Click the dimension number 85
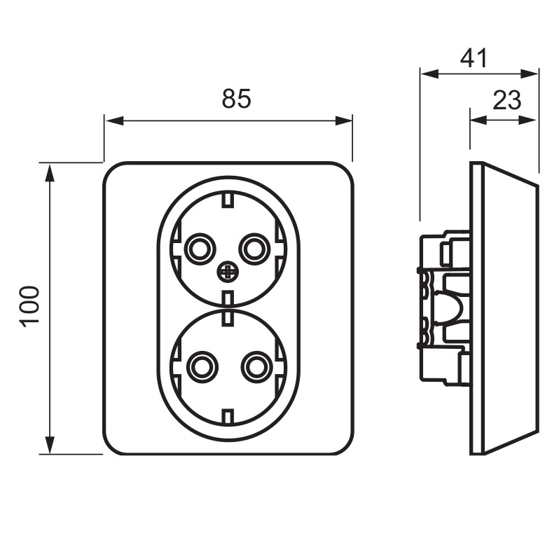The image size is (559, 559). (x=236, y=99)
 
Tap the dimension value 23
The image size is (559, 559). (x=506, y=101)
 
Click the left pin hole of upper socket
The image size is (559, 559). (x=199, y=247)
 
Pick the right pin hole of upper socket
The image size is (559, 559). (x=253, y=247)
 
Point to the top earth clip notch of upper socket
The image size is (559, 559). (x=228, y=202)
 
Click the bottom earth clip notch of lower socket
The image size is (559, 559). (x=228, y=416)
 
